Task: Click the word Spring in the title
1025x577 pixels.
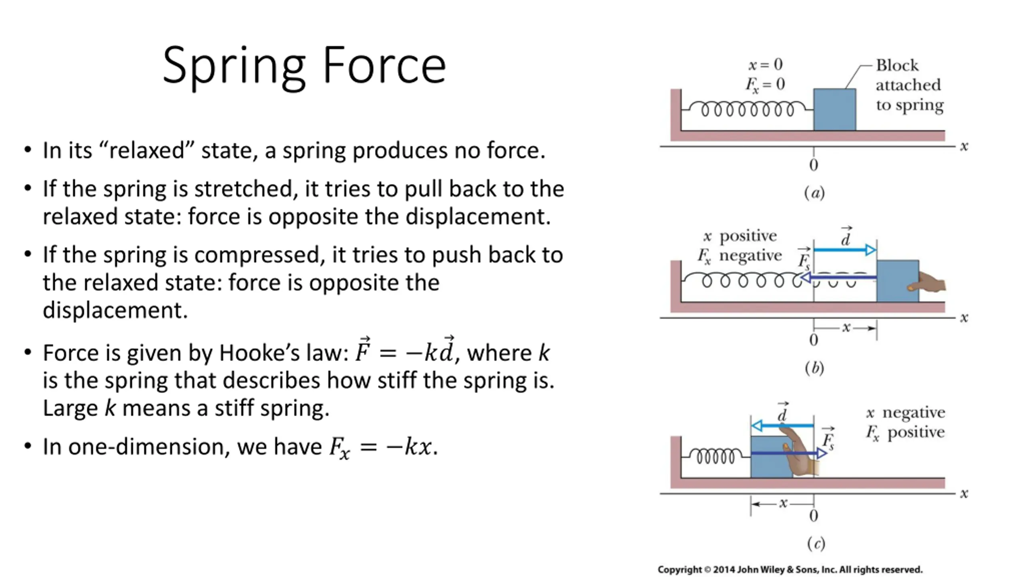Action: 234,66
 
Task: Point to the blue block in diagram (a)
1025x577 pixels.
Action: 834,109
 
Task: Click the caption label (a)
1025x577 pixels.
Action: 814,193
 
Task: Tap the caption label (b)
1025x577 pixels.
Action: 814,368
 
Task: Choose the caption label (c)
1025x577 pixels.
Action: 816,543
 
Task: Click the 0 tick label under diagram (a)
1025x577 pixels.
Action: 813,165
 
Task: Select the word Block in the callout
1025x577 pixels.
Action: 897,65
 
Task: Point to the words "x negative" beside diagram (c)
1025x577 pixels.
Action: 905,413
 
